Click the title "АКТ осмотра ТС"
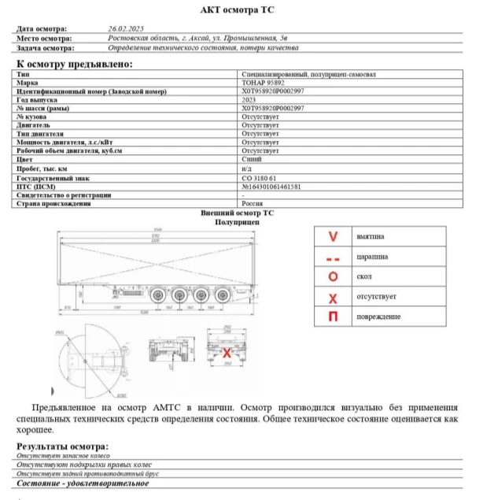tap(242, 10)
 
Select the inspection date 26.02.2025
tap(125, 28)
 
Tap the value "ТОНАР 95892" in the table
tap(262, 83)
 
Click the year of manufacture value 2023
tap(249, 100)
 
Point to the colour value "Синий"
tap(251, 160)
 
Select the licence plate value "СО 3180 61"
tap(259, 178)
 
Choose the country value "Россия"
tap(253, 204)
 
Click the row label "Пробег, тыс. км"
tap(42, 169)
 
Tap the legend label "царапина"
tap(371, 257)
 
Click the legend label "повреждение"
tap(378, 317)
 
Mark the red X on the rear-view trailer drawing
tap(227, 353)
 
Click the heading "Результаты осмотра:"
tap(63, 447)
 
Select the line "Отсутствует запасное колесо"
tap(63, 457)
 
